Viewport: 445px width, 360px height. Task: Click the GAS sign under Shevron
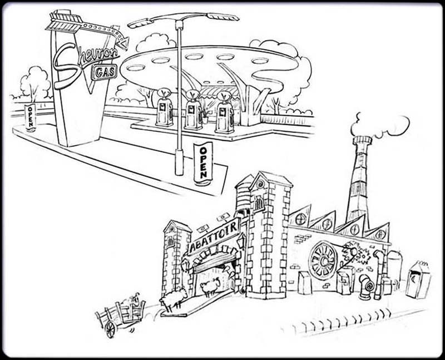coord(104,72)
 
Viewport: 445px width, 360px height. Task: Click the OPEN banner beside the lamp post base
coord(203,164)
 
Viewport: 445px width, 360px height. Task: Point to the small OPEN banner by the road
coord(30,117)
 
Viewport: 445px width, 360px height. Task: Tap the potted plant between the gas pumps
coord(205,116)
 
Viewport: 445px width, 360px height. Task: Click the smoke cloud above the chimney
coord(380,126)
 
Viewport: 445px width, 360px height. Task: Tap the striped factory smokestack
coord(359,178)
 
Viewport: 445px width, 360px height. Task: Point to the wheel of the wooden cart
coord(110,329)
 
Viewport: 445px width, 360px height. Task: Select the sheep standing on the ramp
coord(173,299)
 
